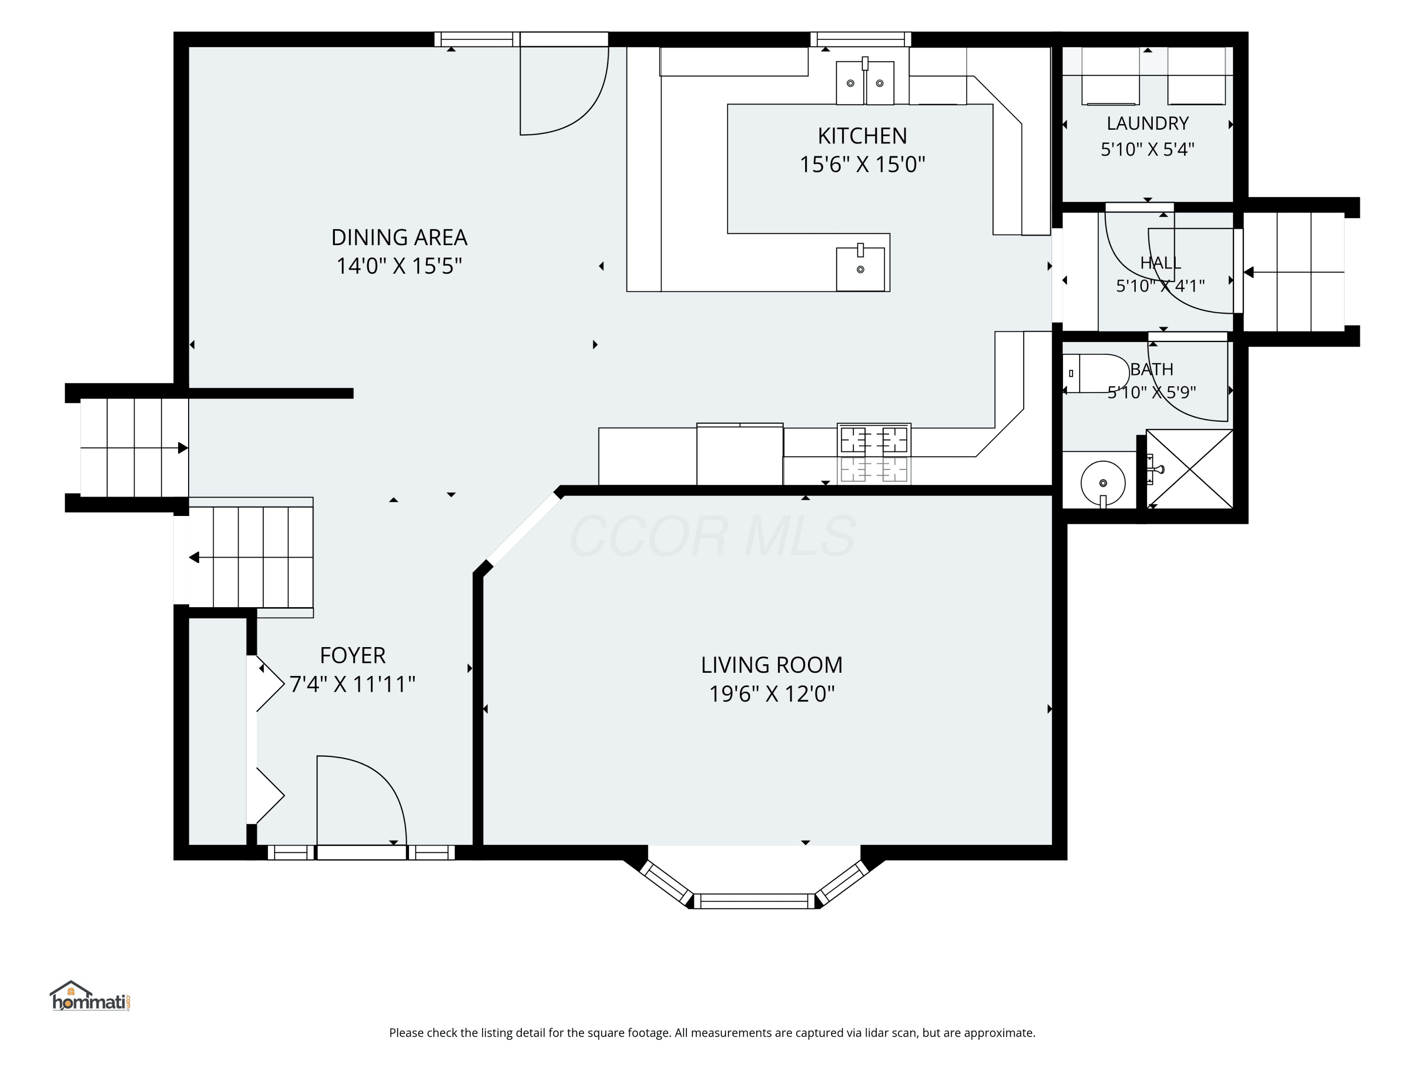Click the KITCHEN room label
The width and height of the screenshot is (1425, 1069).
click(862, 136)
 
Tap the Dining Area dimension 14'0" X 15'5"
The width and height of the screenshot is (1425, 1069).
click(399, 266)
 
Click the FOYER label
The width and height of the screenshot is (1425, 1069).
click(352, 655)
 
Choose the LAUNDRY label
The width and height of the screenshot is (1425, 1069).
click(1147, 123)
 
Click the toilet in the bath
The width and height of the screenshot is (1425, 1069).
click(1096, 373)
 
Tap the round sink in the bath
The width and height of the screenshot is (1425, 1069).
click(1103, 483)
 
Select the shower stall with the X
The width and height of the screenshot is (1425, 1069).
click(1189, 468)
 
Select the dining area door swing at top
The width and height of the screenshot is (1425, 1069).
click(564, 90)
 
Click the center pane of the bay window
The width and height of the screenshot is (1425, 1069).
click(754, 901)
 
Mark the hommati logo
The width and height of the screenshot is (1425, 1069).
click(90, 996)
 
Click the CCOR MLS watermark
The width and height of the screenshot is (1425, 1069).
click(712, 535)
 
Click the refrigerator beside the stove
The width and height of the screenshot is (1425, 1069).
click(740, 454)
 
